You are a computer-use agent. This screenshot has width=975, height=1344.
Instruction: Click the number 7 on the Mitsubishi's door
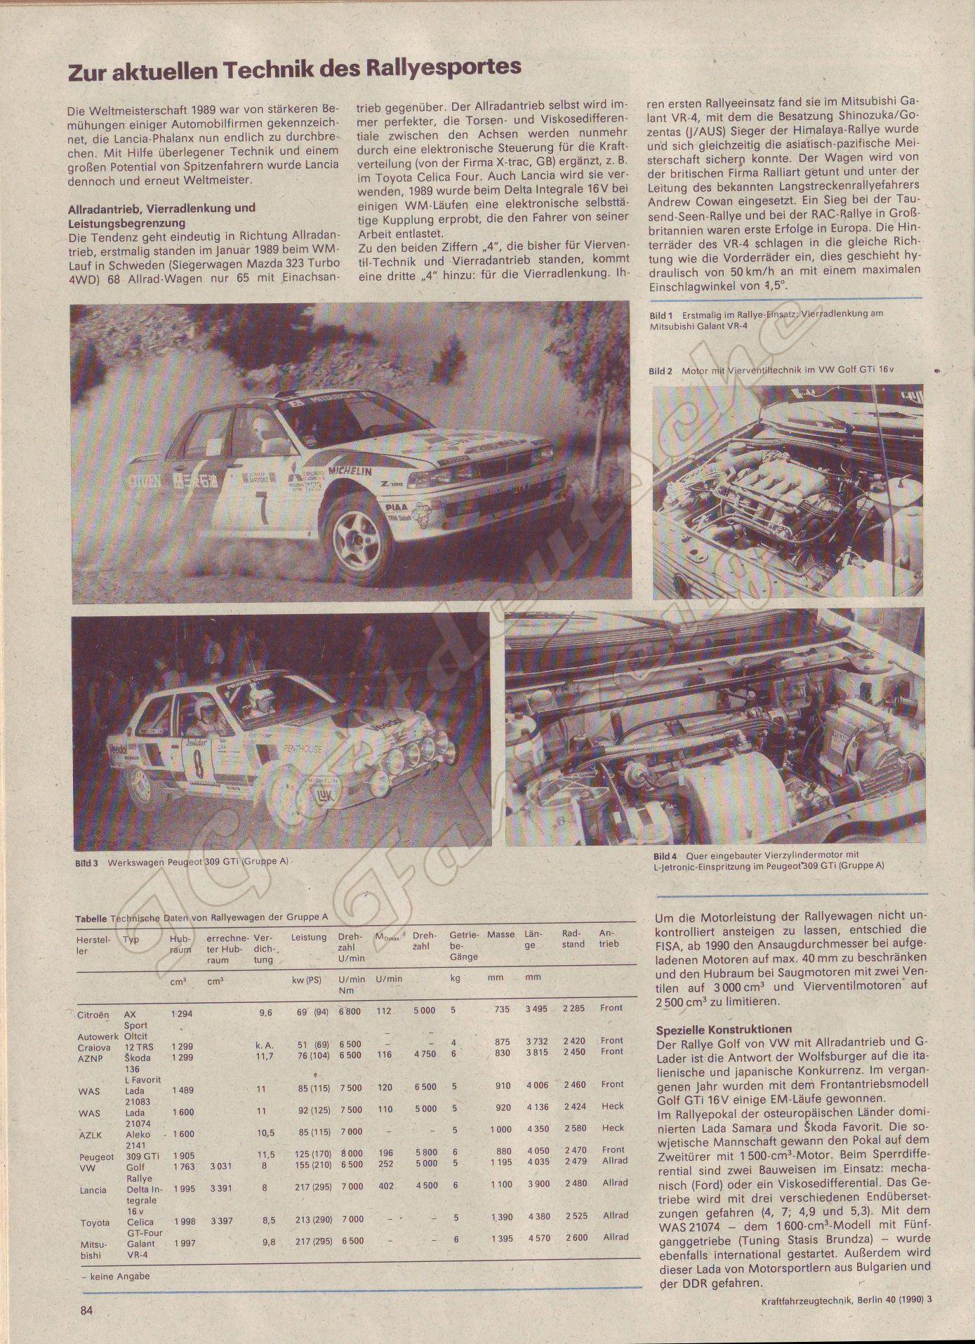point(262,508)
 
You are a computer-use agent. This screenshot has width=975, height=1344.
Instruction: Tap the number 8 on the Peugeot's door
point(199,765)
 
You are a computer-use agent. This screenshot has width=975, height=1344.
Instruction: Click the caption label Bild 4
point(665,856)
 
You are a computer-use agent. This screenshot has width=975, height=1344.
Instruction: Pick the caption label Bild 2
point(661,371)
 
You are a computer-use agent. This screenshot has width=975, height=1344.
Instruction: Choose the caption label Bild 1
point(661,315)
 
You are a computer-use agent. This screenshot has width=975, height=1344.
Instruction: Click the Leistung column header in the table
point(309,937)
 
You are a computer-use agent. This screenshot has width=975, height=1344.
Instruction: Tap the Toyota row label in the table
point(95,1223)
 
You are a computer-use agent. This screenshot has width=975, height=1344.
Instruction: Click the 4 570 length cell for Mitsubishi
point(536,1239)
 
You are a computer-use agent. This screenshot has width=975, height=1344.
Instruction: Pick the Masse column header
point(500,935)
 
